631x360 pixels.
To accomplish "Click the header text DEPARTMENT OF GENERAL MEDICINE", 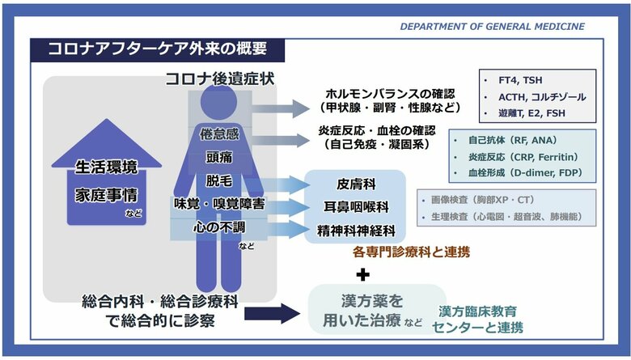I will pos(492,27).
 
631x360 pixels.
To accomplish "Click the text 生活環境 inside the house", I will pos(106,168).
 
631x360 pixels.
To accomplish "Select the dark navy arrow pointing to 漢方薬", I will pos(272,313).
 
